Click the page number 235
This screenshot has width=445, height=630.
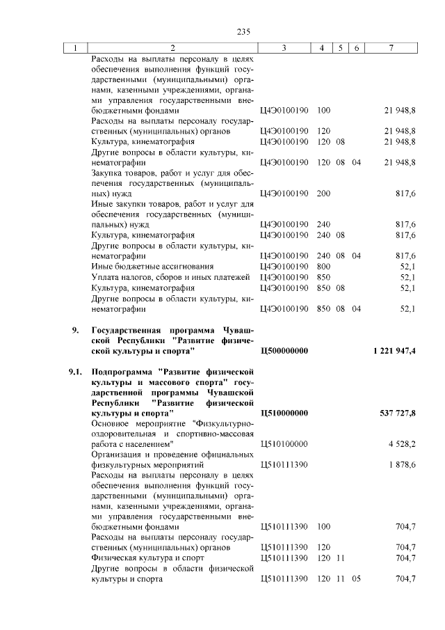(x=243, y=31)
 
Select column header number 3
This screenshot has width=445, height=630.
(x=285, y=48)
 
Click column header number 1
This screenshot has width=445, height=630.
(x=74, y=48)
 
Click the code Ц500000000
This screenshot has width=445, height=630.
(x=284, y=351)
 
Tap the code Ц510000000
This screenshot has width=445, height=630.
(x=284, y=413)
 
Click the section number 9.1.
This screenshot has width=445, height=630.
(x=75, y=372)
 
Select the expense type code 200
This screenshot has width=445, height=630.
(x=323, y=193)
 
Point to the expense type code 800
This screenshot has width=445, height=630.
(x=323, y=266)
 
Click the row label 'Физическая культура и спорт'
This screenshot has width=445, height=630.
(x=138, y=558)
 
